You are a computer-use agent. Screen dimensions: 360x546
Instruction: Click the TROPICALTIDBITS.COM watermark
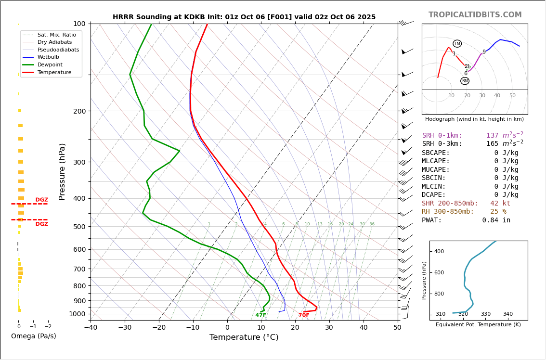click(x=475, y=15)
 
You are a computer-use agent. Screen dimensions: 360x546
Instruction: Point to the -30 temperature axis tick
click(x=125, y=328)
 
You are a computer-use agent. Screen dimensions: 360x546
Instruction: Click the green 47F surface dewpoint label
click(x=261, y=315)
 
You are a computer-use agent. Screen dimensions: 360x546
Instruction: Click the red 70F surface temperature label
click(x=304, y=315)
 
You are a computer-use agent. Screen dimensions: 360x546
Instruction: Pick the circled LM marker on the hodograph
click(x=457, y=44)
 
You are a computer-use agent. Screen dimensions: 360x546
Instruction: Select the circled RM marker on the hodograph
click(x=465, y=81)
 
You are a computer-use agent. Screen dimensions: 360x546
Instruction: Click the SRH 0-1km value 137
click(x=492, y=136)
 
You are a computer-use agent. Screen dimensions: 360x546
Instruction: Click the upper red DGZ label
click(x=42, y=200)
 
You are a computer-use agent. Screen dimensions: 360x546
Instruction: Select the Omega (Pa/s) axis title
click(x=34, y=336)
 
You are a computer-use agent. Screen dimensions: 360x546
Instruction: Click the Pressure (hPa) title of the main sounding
click(x=63, y=171)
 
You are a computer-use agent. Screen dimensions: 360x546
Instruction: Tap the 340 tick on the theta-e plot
click(x=508, y=314)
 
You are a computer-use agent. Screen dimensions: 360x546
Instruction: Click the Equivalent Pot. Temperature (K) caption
click(x=478, y=325)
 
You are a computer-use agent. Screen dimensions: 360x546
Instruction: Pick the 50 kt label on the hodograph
click(x=512, y=95)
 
